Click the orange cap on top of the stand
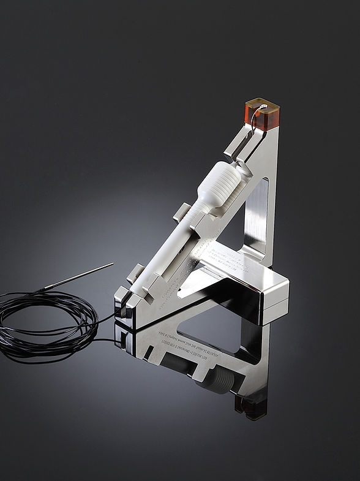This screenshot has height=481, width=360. (x=263, y=116)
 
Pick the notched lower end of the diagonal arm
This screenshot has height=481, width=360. (x=125, y=306)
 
